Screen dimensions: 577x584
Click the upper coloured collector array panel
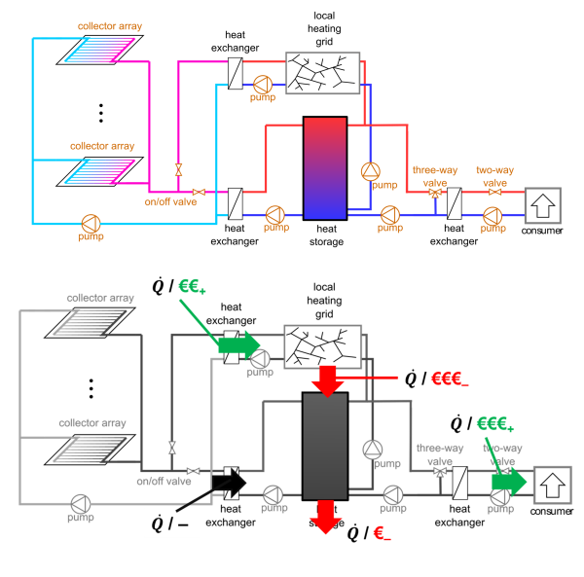pyautogui.click(x=100, y=49)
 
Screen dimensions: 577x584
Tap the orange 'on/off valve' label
pyautogui.click(x=170, y=202)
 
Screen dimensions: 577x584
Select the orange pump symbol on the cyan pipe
pyautogui.click(x=91, y=223)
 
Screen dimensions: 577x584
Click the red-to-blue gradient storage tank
pyautogui.click(x=325, y=168)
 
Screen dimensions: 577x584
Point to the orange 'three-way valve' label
pyautogui.click(x=435, y=175)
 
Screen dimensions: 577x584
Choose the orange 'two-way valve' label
pyautogui.click(x=494, y=175)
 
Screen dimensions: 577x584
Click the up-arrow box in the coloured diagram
pyautogui.click(x=543, y=206)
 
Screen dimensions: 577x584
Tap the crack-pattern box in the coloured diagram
pyautogui.click(x=323, y=73)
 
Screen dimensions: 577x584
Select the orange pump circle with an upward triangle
pyautogui.click(x=371, y=171)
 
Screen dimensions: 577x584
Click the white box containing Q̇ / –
pyautogui.click(x=171, y=523)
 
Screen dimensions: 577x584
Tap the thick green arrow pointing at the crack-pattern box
pyautogui.click(x=238, y=344)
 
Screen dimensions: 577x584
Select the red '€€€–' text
pyautogui.click(x=450, y=379)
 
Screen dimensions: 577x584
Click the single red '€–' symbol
pyautogui.click(x=382, y=532)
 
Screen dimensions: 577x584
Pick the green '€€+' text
pyautogui.click(x=191, y=286)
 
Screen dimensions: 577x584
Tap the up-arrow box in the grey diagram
pyautogui.click(x=553, y=484)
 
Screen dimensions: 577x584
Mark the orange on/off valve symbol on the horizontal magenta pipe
pyautogui.click(x=199, y=192)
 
